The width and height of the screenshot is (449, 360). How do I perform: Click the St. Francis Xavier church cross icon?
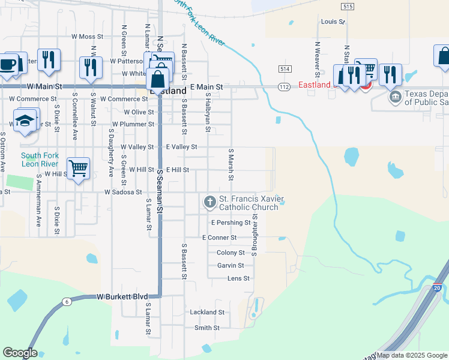(210, 202)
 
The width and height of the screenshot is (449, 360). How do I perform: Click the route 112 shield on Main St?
(285, 87)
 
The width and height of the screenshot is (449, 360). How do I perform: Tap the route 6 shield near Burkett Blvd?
(66, 302)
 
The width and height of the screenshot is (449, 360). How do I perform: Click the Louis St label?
(333, 22)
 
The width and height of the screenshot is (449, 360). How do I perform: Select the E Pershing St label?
(231, 223)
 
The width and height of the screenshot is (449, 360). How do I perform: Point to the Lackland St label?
(206, 313)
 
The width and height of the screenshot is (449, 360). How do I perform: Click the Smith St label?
(207, 328)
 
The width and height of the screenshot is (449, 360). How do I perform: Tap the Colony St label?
(231, 253)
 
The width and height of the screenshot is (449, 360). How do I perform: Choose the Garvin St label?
(231, 265)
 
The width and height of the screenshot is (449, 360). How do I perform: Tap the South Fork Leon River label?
(40, 160)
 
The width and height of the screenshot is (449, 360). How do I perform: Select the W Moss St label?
(88, 37)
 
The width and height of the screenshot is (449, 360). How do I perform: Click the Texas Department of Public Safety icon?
(395, 97)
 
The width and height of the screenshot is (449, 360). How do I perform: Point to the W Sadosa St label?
(122, 193)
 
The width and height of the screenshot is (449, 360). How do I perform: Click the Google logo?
(20, 353)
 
